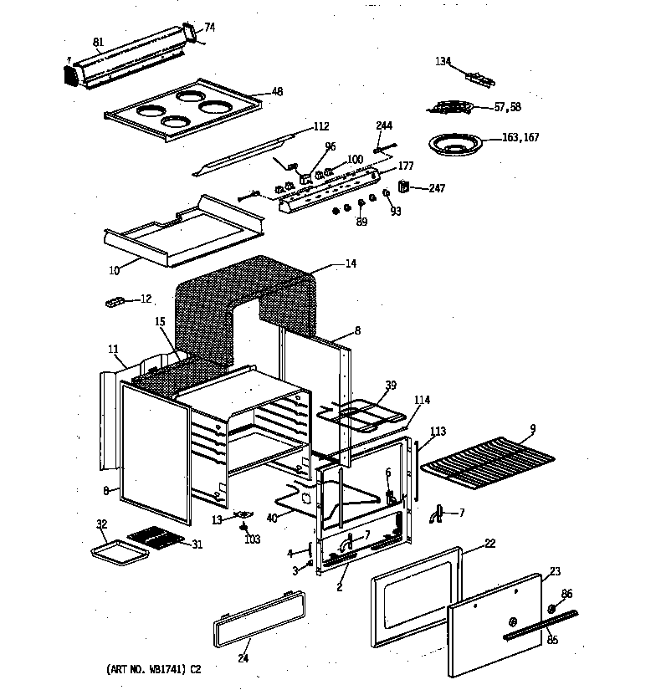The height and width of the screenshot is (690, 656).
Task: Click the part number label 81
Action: [98, 42]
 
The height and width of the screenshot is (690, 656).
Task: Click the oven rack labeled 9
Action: [485, 463]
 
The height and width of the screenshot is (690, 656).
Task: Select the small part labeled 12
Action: [115, 300]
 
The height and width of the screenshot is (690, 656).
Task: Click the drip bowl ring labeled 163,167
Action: [455, 145]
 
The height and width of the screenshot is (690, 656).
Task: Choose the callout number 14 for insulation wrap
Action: [351, 264]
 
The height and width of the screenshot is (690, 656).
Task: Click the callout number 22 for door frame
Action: [489, 544]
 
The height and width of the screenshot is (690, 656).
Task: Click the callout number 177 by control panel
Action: [407, 166]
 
